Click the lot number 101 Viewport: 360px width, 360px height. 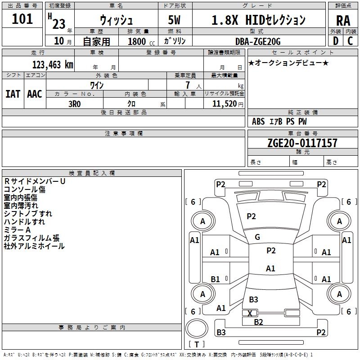tap(22, 19)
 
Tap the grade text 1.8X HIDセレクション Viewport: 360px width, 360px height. tap(258, 20)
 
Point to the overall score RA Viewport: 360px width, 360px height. tap(343, 20)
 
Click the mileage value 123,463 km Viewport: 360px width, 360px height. tap(53, 64)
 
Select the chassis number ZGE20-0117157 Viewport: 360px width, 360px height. tap(302, 143)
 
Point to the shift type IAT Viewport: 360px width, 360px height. tap(13, 94)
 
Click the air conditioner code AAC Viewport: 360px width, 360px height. tap(35, 94)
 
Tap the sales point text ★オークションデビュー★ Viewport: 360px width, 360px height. tap(288, 63)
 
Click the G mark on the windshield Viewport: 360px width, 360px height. tap(257, 237)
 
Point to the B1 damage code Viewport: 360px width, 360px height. tap(216, 279)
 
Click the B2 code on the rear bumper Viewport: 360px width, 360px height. tap(258, 322)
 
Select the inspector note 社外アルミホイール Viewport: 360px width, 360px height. tap(34, 246)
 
